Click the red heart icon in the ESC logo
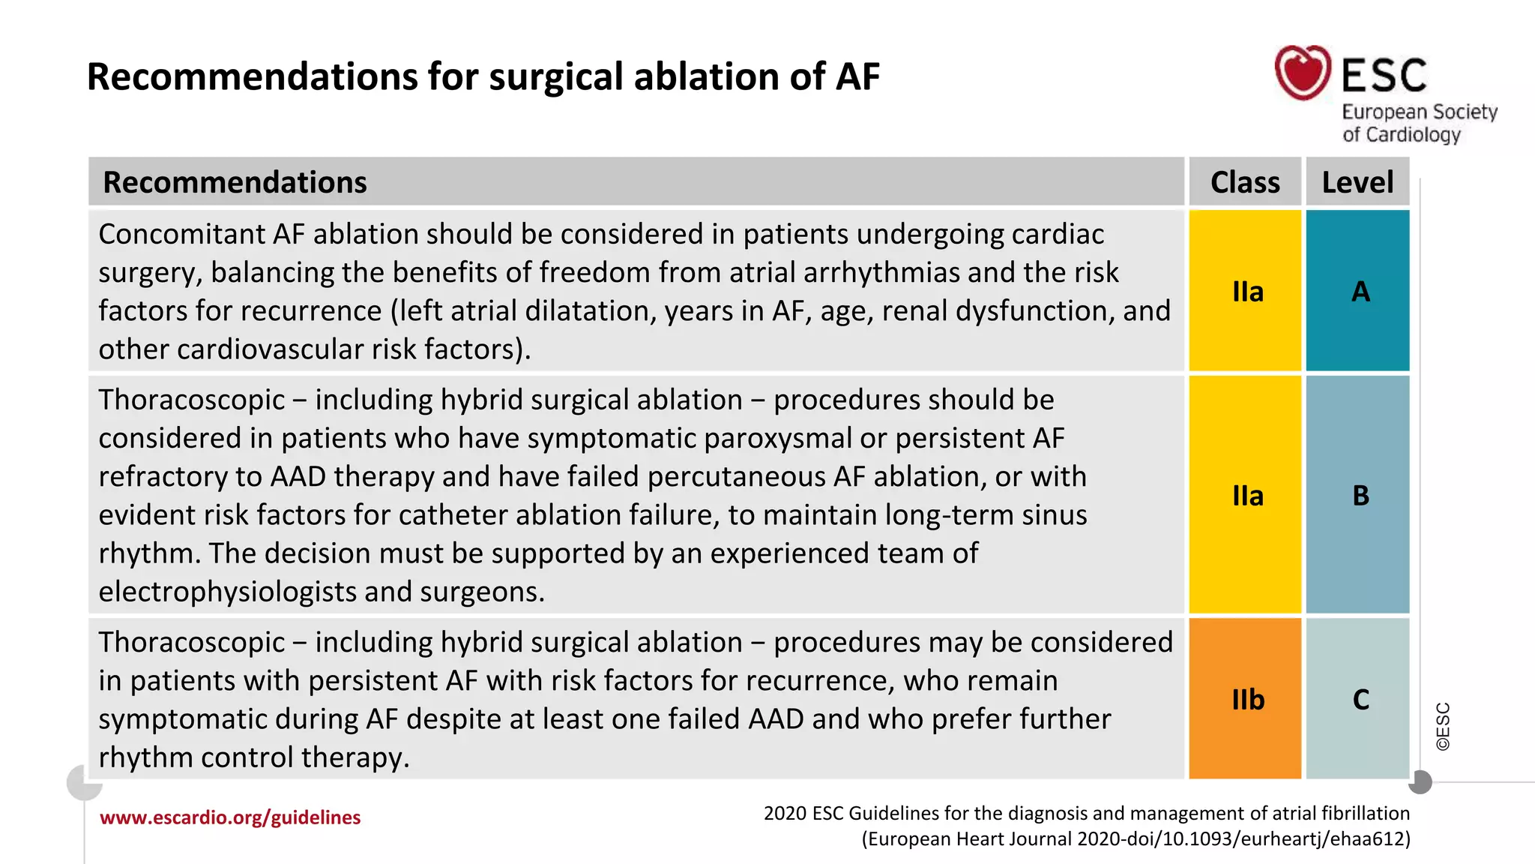pos(1303,72)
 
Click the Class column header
pos(1245,182)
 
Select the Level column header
pos(1357,182)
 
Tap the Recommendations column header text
pos(235,182)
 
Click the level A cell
pos(1360,291)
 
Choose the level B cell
pos(1360,495)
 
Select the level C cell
pos(1360,699)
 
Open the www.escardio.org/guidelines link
pos(230,817)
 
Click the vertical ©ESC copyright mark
pos(1443,726)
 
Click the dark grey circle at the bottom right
pos(1420,782)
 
